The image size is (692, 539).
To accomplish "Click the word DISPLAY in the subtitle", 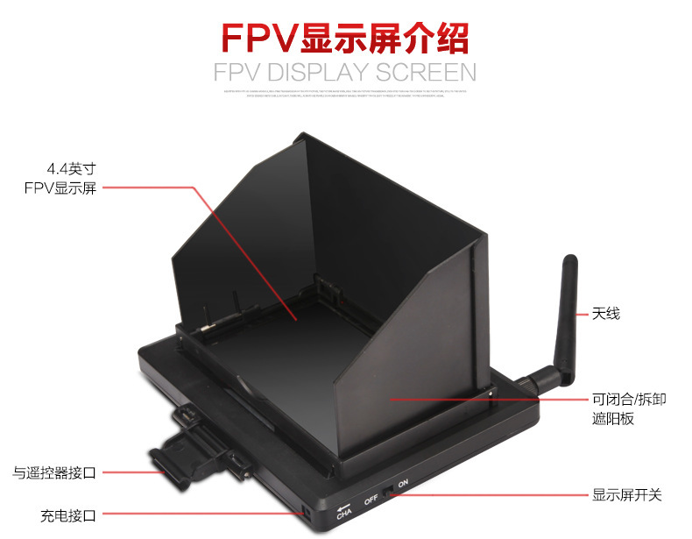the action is pyautogui.click(x=328, y=72).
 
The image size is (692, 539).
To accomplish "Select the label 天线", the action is pyautogui.click(x=605, y=313).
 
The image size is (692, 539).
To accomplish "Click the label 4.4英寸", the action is pyautogui.click(x=70, y=169).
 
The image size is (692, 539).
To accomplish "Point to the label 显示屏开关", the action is pyautogui.click(x=626, y=495).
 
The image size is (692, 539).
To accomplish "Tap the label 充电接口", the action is pyautogui.click(x=67, y=514).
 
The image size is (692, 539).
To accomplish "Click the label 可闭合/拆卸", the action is pyautogui.click(x=629, y=400).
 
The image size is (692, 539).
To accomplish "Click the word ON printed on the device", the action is pyautogui.click(x=404, y=484).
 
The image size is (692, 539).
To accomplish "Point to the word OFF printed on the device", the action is pyautogui.click(x=371, y=499).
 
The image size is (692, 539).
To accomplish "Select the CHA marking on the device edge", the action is pyautogui.click(x=344, y=514).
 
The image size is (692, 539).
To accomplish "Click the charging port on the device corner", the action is pyautogui.click(x=305, y=511).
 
